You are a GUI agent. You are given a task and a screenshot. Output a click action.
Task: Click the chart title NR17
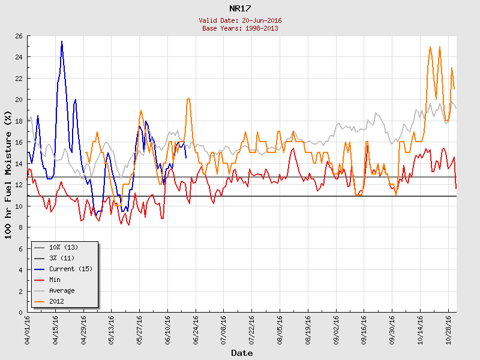click(240, 9)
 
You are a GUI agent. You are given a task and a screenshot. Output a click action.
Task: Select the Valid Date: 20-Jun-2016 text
click(240, 20)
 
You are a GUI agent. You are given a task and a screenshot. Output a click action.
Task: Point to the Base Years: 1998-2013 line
click(240, 28)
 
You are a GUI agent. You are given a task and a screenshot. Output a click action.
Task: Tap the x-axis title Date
click(242, 353)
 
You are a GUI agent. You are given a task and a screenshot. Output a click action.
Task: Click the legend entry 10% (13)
click(64, 247)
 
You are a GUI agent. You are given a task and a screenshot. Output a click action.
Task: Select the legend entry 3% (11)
click(62, 258)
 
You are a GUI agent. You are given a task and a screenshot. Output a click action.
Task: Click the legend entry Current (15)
click(71, 269)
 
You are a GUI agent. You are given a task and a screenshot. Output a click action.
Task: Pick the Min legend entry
click(55, 280)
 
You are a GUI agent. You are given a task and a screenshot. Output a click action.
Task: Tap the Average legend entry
click(62, 290)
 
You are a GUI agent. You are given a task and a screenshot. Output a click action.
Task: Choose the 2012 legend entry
click(57, 301)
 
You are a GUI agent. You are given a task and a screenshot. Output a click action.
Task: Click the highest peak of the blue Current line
click(62, 41)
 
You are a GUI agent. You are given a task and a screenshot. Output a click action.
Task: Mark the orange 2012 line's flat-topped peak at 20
click(188, 100)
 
